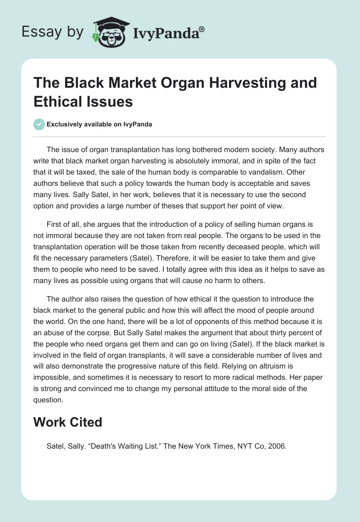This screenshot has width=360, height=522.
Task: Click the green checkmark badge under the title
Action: (x=39, y=125)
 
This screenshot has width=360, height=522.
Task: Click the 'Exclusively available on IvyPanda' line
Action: (x=100, y=125)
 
